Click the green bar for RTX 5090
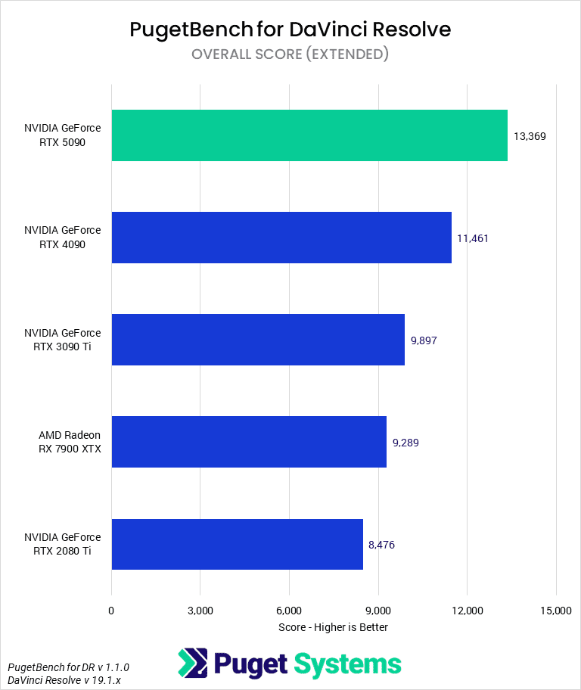[309, 135]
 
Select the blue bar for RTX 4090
[281, 238]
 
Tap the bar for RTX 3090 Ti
[258, 340]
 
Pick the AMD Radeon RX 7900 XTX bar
[249, 442]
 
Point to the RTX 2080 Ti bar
[237, 544]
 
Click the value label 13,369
[530, 136]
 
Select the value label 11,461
[473, 238]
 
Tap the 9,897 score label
[424, 340]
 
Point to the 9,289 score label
[405, 443]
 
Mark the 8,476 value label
[381, 545]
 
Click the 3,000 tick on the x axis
[200, 611]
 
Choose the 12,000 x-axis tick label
[467, 611]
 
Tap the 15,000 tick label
[556, 611]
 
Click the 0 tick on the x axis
[112, 611]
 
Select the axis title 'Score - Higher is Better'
[333, 627]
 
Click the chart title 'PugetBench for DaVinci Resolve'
[290, 30]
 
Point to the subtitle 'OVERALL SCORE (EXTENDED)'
[290, 54]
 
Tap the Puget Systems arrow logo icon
[192, 664]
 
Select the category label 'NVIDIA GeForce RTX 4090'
[62, 238]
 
